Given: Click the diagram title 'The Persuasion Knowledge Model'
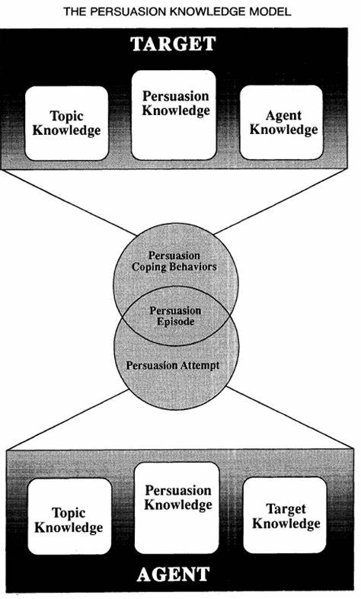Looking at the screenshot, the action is pos(177,11).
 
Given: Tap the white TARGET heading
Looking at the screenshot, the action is pos(174,44).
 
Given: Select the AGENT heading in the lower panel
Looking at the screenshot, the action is pos(174,574).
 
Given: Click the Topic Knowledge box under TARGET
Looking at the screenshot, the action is pos(67,123).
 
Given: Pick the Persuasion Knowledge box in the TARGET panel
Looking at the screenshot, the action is pos(174,115).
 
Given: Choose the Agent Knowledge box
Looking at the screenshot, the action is pos(282,122).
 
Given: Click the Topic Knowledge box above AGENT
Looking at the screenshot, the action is pos(69,517).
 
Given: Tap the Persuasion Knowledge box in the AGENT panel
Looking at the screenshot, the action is pos(177,508).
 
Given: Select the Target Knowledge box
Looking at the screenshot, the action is pos(286,515).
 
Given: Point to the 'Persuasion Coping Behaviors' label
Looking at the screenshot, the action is pos(174,261).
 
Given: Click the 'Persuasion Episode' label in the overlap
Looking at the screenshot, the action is pos(175,316).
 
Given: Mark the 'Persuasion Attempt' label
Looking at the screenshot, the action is pos(173,366).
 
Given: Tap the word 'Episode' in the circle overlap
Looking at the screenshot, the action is pos(175,322).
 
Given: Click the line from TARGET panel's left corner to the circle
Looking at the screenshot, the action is pos(68,203).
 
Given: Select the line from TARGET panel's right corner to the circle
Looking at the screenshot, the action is pos(280,202).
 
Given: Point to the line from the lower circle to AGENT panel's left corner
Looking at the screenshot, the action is pos(67,419).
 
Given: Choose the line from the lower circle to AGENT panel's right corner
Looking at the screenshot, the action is pos(289,417).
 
